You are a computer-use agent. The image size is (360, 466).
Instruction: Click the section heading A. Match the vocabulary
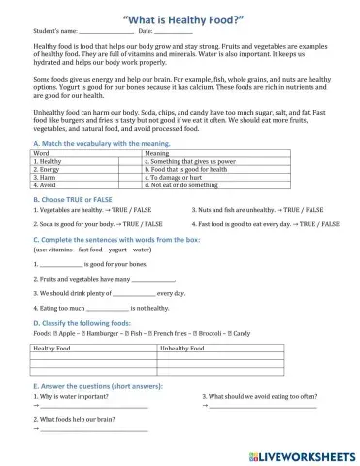pyautogui.click(x=101, y=143)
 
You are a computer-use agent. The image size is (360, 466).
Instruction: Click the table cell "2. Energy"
pyautogui.click(x=49, y=169)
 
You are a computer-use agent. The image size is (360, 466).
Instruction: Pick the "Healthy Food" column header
pyautogui.click(x=52, y=347)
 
